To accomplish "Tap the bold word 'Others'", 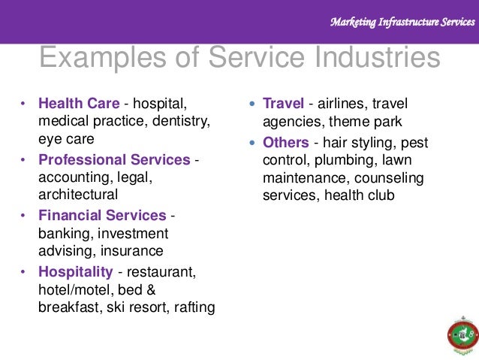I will point(286,142).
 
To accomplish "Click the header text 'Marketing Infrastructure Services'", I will point(402,23).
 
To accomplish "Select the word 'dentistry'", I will point(183,121).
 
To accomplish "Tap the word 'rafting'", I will point(193,307).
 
